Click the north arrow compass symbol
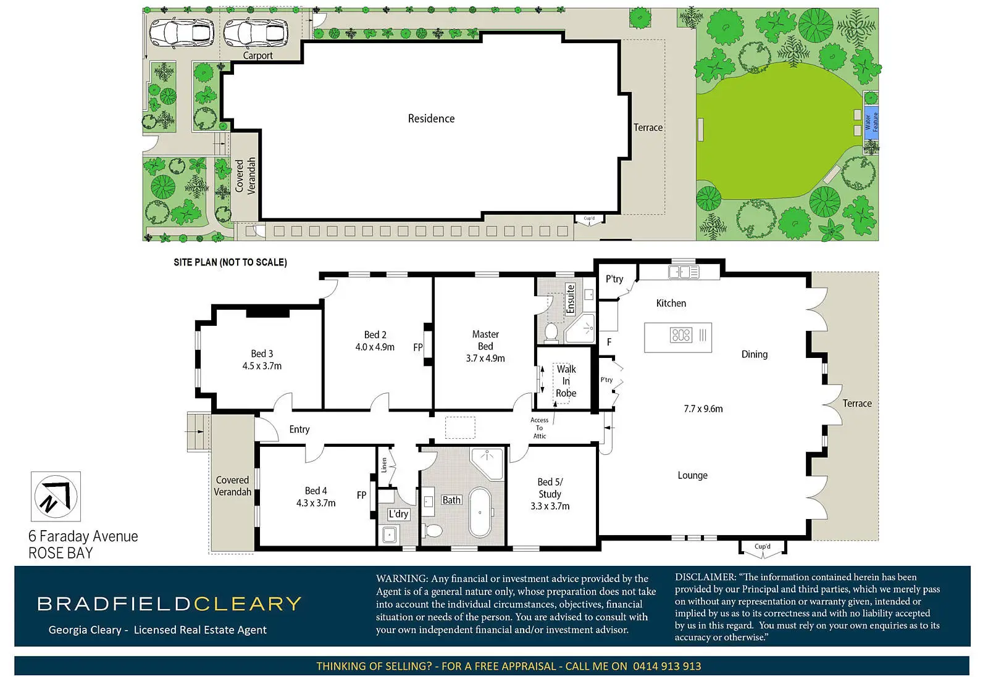pyautogui.click(x=56, y=497)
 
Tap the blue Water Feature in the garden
pyautogui.click(x=871, y=123)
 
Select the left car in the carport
pyautogui.click(x=182, y=32)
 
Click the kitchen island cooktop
pyautogui.click(x=680, y=336)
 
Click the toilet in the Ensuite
pyautogui.click(x=551, y=332)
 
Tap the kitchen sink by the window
pyautogui.click(x=684, y=272)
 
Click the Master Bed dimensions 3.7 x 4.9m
pyautogui.click(x=485, y=359)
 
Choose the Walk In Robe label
pyautogui.click(x=566, y=381)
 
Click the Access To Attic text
pyautogui.click(x=540, y=428)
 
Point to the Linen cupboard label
pyautogui.click(x=383, y=465)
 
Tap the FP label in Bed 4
pyautogui.click(x=362, y=495)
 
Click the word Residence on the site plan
pyautogui.click(x=431, y=118)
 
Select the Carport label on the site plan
pyautogui.click(x=257, y=56)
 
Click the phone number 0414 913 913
pyautogui.click(x=667, y=666)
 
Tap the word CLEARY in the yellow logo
pyautogui.click(x=248, y=604)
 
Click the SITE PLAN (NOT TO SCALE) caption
pyautogui.click(x=230, y=262)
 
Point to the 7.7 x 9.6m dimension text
pyautogui.click(x=703, y=409)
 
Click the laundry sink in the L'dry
pyautogui.click(x=389, y=535)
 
